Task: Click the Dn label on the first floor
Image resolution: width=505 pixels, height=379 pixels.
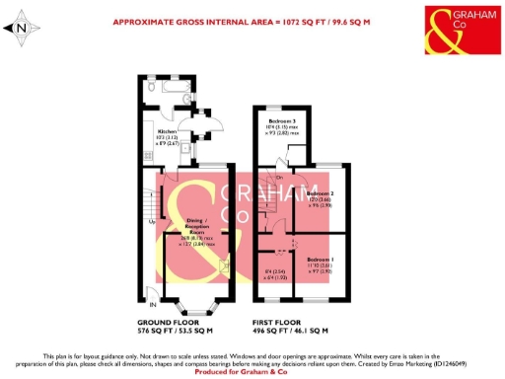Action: coord(280,177)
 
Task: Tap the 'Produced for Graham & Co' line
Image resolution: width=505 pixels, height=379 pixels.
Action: coord(252,370)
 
